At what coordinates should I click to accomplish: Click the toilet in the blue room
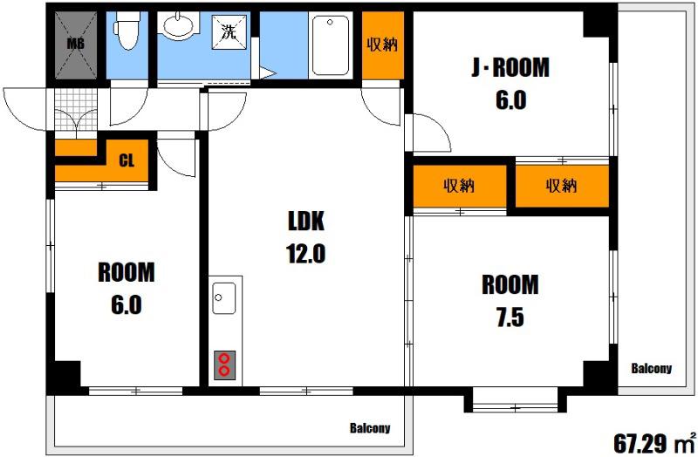pos(127,31)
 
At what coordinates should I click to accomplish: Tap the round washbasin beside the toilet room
pos(178,26)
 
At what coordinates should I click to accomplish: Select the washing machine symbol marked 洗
pos(229,32)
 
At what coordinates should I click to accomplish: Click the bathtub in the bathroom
pos(331,45)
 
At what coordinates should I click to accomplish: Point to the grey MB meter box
pos(75,45)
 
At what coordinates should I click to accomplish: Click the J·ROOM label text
pos(510,68)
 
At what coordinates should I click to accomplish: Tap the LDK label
pos(306,221)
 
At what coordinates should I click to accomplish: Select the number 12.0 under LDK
pos(306,254)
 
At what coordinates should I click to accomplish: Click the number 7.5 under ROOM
pos(510,317)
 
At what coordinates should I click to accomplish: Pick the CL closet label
pos(127,160)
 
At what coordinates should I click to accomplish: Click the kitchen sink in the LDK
pos(224,297)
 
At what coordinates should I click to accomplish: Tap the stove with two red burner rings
pos(224,365)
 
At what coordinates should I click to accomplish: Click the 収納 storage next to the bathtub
pos(383,45)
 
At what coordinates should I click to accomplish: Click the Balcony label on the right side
pos(651,368)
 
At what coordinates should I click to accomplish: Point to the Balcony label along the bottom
pos(370,428)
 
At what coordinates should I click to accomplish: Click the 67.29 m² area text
pos(654,442)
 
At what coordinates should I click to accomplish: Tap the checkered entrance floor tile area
pos(76,109)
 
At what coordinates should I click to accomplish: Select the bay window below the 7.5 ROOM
pos(515,400)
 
